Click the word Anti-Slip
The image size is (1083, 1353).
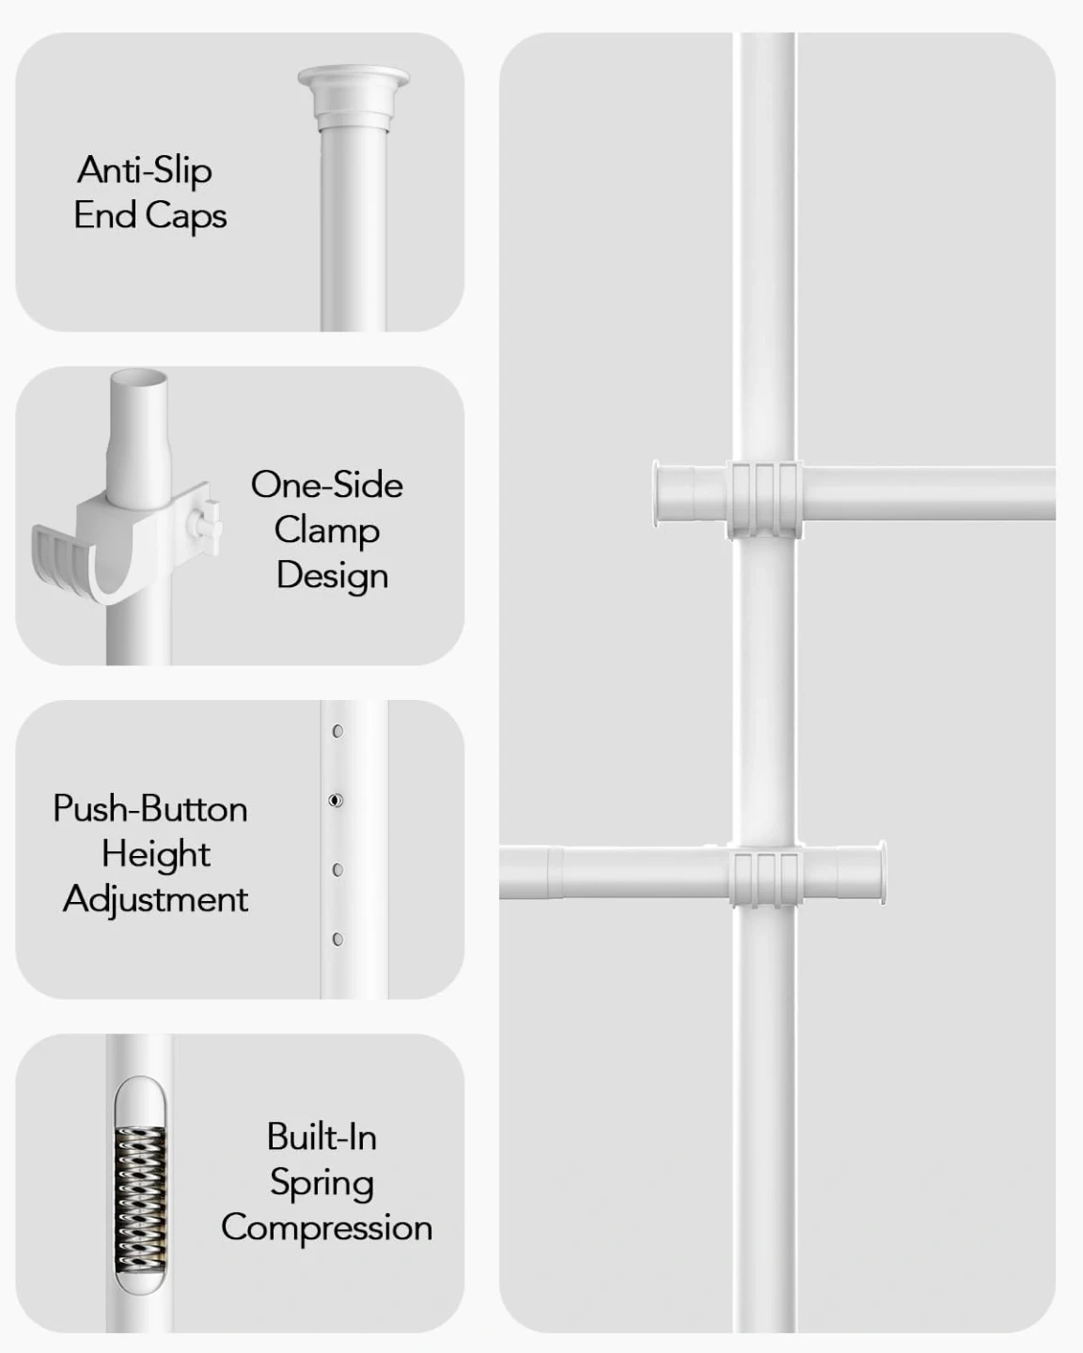(145, 170)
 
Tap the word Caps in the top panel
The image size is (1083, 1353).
(186, 216)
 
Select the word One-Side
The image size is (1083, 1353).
(326, 485)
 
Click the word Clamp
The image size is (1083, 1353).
(326, 530)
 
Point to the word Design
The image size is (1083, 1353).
(332, 576)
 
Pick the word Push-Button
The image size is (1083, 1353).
(150, 809)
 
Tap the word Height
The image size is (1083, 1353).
(156, 855)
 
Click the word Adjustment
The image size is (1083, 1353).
(155, 900)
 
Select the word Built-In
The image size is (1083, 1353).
(322, 1137)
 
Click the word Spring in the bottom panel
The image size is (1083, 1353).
(322, 1183)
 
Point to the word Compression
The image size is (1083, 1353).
(326, 1228)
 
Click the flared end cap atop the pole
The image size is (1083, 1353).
(353, 98)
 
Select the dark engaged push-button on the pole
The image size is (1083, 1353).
(336, 801)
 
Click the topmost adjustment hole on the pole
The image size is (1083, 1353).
(337, 731)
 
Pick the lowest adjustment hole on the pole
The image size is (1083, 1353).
(337, 940)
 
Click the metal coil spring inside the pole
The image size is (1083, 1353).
(140, 1199)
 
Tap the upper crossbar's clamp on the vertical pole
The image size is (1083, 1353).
(764, 500)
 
